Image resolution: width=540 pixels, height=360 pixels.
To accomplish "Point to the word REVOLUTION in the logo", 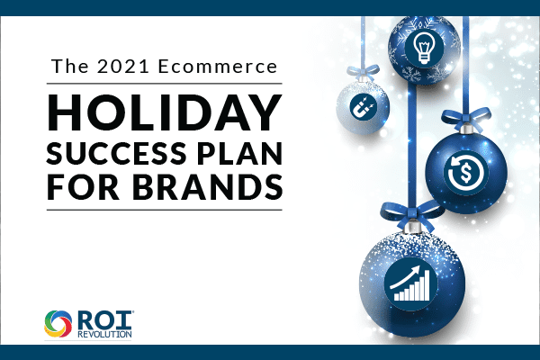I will click(x=104, y=335).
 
